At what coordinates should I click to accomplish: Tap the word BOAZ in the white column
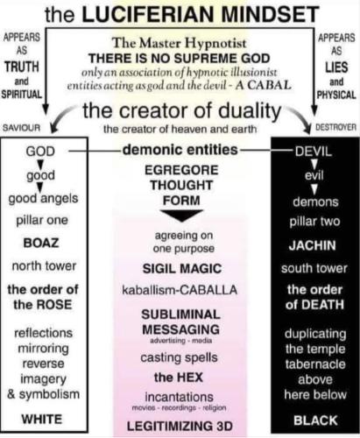coord(41,243)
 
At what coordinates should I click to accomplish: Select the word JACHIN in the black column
coord(313,245)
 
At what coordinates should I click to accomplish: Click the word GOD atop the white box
coord(40,152)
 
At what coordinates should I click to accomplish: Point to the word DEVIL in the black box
coord(314,152)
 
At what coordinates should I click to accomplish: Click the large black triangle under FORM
coord(181,215)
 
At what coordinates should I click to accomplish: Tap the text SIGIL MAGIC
coord(182,269)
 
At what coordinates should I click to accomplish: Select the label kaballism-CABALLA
coord(180,290)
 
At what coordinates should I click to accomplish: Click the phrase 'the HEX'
coord(179,378)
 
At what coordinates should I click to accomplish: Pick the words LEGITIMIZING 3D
coord(180,426)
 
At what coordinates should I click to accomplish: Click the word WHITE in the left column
coord(42,420)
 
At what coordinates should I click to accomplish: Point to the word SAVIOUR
coord(21,128)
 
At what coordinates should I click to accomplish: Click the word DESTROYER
coord(336,127)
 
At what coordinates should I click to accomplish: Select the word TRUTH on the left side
coord(22,67)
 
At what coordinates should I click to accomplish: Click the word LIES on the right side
coord(336,67)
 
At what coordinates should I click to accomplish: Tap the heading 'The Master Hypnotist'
coord(180,43)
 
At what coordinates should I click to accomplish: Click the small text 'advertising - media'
coord(181,341)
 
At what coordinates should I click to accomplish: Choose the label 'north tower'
coord(44,266)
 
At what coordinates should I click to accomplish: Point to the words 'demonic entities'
coord(180,150)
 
